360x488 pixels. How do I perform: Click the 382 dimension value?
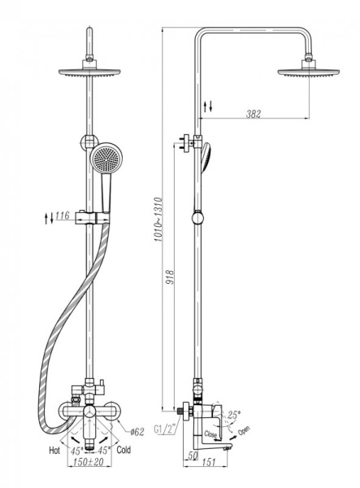(x=253, y=114)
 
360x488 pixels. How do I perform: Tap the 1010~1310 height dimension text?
(x=158, y=220)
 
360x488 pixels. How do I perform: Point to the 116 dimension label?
(x=63, y=216)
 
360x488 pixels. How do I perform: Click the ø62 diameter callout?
(x=137, y=432)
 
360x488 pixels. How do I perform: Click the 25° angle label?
(x=234, y=415)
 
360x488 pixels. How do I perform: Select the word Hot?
(x=54, y=451)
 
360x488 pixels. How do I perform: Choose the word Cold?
(x=124, y=450)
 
